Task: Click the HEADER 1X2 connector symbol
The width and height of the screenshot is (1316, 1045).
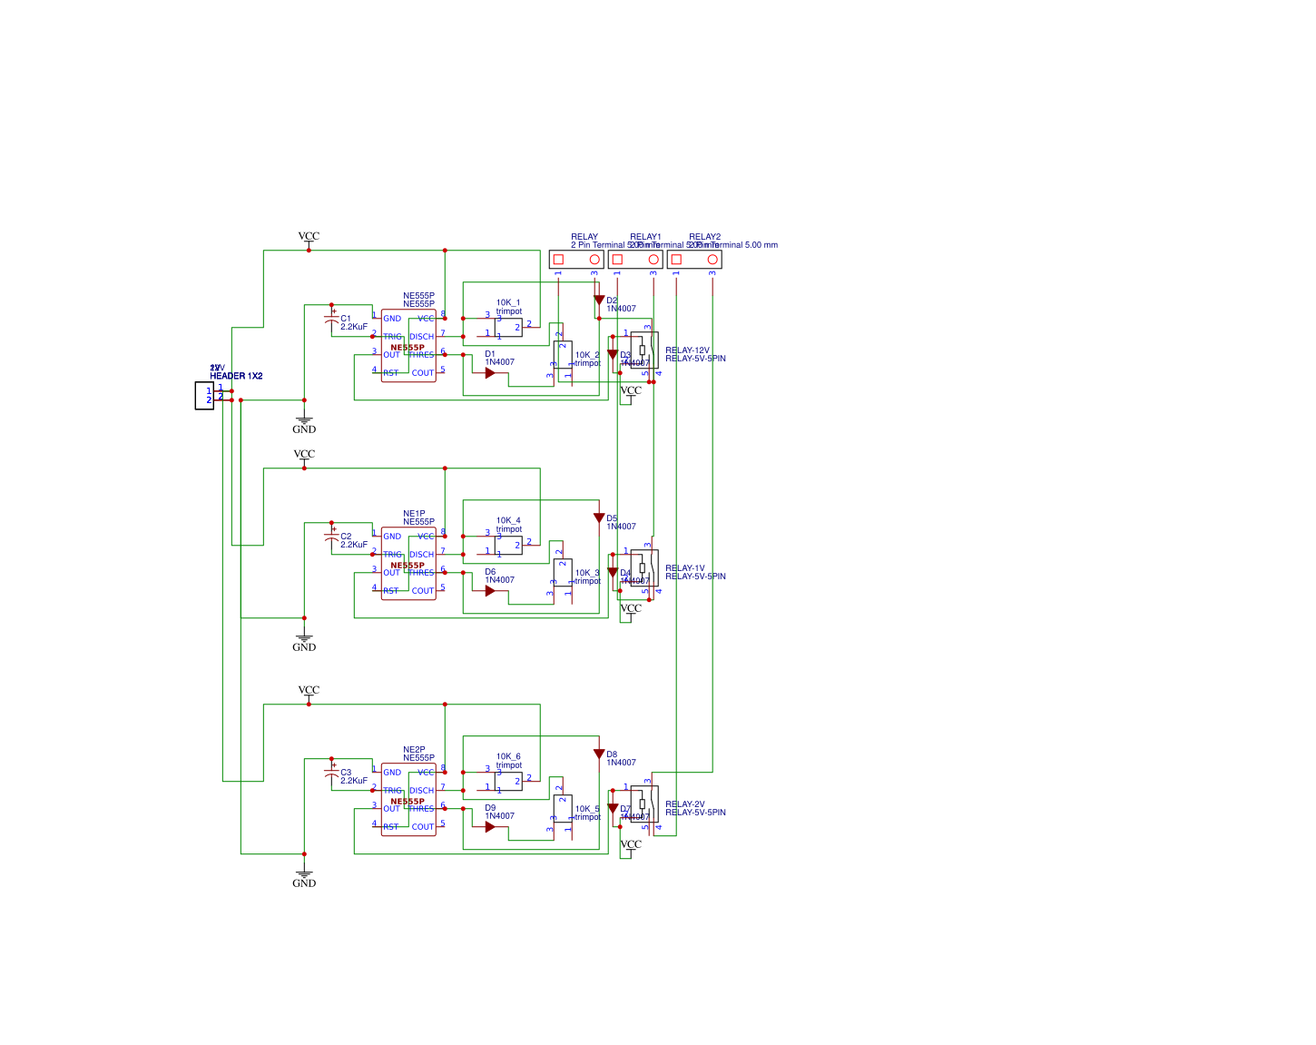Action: pos(204,396)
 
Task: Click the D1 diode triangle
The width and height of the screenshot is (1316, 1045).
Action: pos(490,373)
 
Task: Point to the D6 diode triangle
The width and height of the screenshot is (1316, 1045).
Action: pos(490,591)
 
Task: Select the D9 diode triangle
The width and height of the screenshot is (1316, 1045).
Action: pos(490,827)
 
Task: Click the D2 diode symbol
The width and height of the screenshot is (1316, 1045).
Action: pos(599,301)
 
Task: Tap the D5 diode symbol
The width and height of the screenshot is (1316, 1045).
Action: pos(599,518)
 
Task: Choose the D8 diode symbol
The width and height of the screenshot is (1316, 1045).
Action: pos(599,754)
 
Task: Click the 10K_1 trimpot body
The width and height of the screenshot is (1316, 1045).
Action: pos(508,328)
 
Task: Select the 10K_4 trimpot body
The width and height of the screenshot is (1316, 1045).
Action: pos(508,546)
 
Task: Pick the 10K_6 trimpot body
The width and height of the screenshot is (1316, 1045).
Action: pos(508,782)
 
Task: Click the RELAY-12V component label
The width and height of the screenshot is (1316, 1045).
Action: pos(687,350)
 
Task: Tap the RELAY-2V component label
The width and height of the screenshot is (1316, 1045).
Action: pos(684,804)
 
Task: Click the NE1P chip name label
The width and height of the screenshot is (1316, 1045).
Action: pos(414,514)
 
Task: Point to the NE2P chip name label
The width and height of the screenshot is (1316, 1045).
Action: pos(414,750)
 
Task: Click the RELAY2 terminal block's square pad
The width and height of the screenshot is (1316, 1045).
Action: pos(676,260)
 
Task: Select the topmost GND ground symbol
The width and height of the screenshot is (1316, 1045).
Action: pos(304,423)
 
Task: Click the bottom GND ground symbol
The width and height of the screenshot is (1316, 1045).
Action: pos(304,877)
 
